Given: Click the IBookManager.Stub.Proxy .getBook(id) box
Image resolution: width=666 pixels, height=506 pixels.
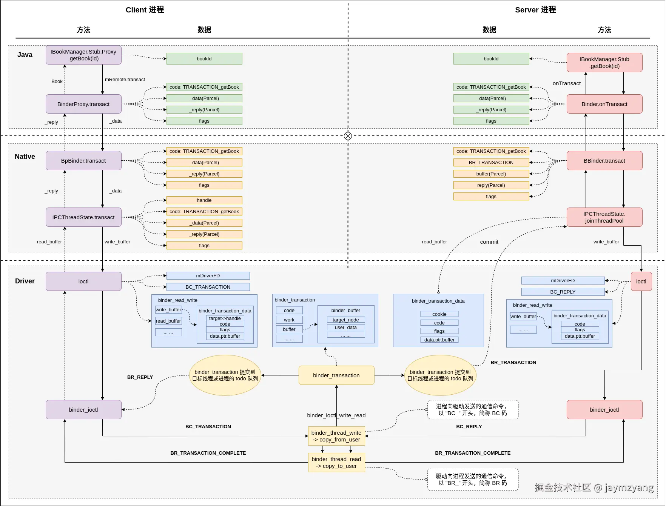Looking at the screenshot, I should pos(83,55).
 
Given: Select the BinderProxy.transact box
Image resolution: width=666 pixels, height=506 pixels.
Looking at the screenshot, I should pos(83,104).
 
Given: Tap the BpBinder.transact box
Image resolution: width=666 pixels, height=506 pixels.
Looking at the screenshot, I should pos(83,161).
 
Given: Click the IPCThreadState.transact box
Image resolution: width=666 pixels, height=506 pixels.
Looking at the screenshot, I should pos(83,217).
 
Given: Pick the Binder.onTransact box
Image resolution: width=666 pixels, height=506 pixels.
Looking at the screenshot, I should pos(604,104).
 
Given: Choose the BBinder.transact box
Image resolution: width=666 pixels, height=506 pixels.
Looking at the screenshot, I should pos(604,161).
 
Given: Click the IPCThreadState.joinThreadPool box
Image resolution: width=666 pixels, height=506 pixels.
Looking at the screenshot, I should pos(604,217).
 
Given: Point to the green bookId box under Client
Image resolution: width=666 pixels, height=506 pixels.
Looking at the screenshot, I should pos(204,59).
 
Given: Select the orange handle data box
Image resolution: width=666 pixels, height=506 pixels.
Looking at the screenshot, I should pos(204,200).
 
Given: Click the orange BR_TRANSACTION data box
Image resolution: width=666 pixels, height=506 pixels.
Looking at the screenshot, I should pos(491,163).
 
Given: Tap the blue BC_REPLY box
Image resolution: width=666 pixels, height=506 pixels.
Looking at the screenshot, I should pos(563,292).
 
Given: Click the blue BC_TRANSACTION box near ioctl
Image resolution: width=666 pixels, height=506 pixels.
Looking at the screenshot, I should pos(208,287).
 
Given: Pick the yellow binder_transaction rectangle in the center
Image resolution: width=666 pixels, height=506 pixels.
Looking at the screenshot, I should pos(336,375).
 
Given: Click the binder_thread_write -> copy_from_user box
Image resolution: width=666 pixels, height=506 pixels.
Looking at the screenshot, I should pos(336,436).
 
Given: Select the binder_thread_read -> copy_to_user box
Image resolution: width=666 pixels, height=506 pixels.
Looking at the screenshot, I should pos(336,463).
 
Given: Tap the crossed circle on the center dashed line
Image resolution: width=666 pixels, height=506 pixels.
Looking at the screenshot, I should pos(348,136).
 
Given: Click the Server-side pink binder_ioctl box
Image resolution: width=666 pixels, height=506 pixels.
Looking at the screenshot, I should pos(604,410).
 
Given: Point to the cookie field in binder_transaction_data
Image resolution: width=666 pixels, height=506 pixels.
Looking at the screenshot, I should pos(439,314).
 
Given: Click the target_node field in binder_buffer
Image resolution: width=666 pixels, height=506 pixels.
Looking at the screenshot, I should pos(345,320).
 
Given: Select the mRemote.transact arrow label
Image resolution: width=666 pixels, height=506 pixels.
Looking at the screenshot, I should pos(125,80).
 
